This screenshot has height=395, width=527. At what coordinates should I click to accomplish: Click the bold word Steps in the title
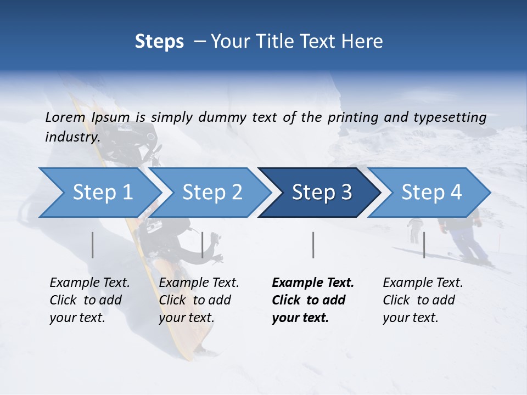[x=159, y=42]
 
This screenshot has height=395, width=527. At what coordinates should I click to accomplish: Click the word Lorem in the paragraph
[x=65, y=117]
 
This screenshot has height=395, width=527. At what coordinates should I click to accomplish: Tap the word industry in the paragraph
[x=72, y=137]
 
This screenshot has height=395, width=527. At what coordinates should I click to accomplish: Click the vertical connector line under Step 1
[x=93, y=245]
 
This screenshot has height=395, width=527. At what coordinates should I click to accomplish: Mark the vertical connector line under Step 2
[x=203, y=245]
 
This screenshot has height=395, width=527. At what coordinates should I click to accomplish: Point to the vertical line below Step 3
[x=313, y=245]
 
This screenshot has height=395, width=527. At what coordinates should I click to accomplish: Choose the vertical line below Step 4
[x=424, y=245]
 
